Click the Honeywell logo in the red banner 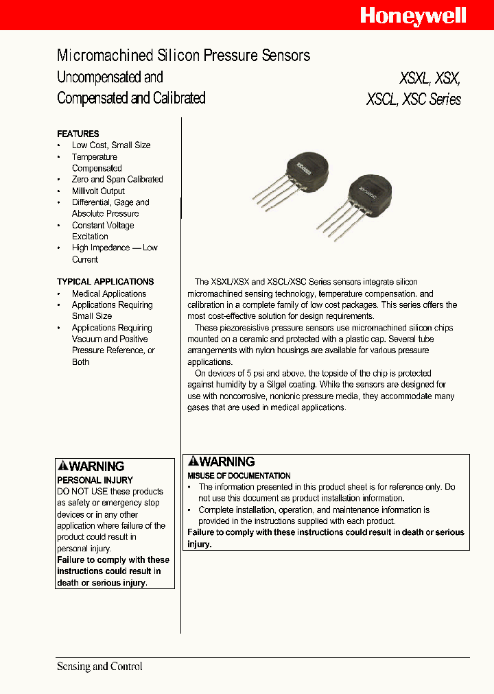click(413, 15)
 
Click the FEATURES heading click(78, 134)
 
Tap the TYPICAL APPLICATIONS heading click(105, 282)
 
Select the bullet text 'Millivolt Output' click(98, 191)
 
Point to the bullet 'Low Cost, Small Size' click(110, 145)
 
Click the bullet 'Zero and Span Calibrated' click(117, 180)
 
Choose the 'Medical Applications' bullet click(109, 294)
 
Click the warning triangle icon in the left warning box click(62, 466)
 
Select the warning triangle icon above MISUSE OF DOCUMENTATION click(193, 462)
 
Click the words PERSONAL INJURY click(95, 480)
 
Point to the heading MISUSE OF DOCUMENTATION click(239, 475)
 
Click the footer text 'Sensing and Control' click(99, 666)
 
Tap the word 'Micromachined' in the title click(95, 56)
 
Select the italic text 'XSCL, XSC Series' click(413, 99)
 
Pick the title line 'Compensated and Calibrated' click(131, 98)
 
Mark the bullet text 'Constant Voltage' click(103, 225)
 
